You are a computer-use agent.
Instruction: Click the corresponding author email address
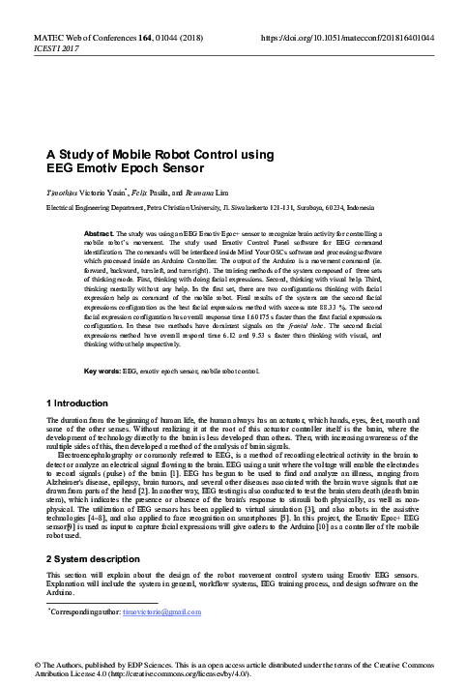coord(161,612)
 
